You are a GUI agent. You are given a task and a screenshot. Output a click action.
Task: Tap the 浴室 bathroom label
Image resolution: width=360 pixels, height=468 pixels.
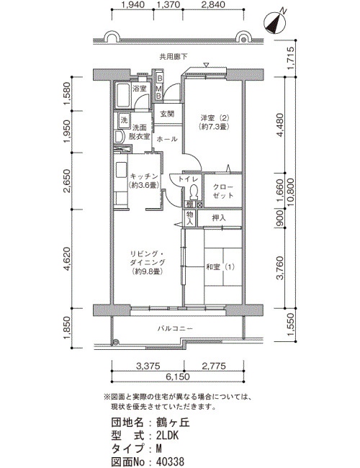pos(140,89)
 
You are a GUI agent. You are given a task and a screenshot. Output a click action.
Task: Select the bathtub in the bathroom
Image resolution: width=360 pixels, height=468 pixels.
pos(123,96)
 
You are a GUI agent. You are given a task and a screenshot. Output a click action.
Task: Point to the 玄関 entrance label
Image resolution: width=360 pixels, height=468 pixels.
pos(167,114)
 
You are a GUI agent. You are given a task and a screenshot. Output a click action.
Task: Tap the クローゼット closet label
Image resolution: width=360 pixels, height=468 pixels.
pos(222,192)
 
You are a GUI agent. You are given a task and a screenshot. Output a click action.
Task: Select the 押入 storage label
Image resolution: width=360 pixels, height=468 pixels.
pos(219,218)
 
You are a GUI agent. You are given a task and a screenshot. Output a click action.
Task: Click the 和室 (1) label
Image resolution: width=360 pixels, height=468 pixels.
pos(220,267)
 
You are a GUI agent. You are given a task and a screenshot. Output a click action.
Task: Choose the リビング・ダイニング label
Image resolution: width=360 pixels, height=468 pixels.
pos(147,258)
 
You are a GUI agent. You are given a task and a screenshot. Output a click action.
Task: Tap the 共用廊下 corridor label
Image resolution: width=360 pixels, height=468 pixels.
pos(173,56)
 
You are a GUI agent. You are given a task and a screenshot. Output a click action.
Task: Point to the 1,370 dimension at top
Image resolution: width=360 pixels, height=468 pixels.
pos(168,4)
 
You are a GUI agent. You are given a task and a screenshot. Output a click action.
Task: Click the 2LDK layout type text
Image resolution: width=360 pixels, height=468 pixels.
pos(168,436)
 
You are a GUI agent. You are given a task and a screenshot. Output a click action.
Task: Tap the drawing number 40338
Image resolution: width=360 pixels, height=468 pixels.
pos(170,462)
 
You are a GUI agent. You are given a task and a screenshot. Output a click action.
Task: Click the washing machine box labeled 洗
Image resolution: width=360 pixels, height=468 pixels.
pos(124,120)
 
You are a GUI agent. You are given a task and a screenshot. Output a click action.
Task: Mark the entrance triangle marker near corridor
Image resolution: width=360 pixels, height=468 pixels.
pos(206,65)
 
